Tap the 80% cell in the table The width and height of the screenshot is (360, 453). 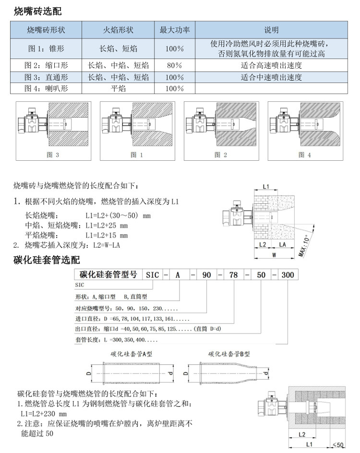174,65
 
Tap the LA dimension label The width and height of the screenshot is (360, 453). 283,244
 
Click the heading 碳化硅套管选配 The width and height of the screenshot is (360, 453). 46,261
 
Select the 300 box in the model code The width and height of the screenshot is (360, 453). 288,275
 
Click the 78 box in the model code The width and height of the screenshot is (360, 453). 235,275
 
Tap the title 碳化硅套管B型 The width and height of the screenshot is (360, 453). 229,354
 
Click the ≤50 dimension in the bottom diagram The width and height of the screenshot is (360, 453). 338,445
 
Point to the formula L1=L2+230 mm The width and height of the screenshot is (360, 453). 43,414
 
